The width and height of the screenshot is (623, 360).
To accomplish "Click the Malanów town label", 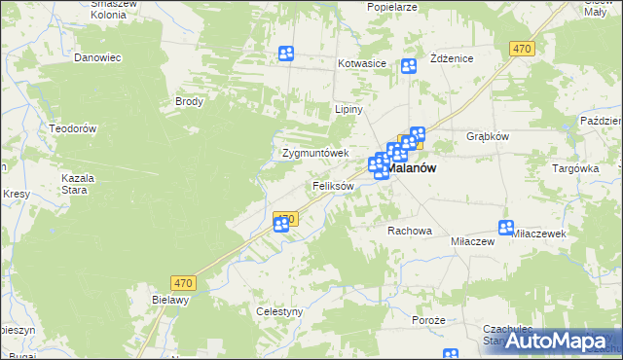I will pyautogui.click(x=411, y=167).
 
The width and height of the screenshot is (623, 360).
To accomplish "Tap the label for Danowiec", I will pyautogui.click(x=97, y=57).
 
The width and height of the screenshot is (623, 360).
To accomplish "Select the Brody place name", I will pyautogui.click(x=189, y=101).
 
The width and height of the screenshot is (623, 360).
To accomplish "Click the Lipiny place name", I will pyautogui.click(x=348, y=110).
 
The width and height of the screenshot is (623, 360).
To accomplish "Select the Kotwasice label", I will pyautogui.click(x=362, y=64).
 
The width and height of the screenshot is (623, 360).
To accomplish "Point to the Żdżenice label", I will pyautogui.click(x=451, y=58).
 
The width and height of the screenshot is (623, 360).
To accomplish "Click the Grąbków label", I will pyautogui.click(x=488, y=136).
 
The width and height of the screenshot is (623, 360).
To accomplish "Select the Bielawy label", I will pyautogui.click(x=169, y=301).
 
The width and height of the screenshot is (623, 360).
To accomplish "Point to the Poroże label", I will pyautogui.click(x=427, y=320).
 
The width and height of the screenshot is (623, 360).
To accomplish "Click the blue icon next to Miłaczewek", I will pyautogui.click(x=506, y=228).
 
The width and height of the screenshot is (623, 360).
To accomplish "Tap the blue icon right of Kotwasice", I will pyautogui.click(x=409, y=66).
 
